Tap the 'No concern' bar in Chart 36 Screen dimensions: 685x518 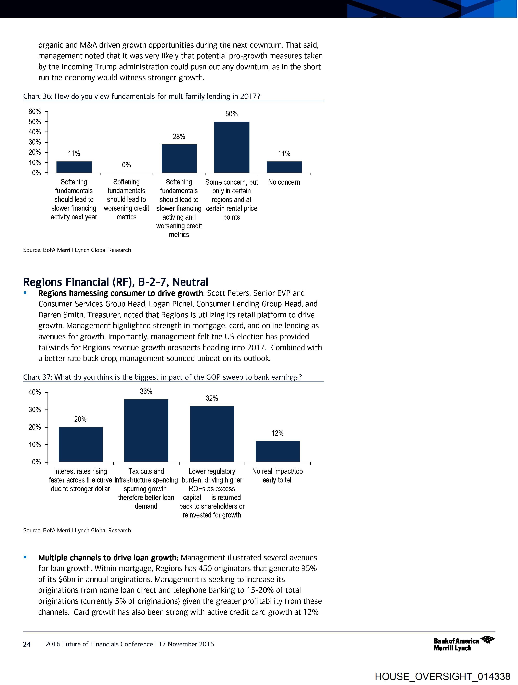pos(284,167)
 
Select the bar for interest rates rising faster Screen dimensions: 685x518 pos(80,444)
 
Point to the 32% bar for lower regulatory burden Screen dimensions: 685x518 pos(212,434)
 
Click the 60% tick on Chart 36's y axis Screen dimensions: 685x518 pos(35,111)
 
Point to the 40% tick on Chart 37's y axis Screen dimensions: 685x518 pos(35,392)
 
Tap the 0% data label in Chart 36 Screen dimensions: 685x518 pos(126,165)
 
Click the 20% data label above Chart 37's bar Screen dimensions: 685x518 pos(80,419)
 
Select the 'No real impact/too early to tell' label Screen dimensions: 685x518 pos(277,475)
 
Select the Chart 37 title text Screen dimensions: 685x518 pos(163,377)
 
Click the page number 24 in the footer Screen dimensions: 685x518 pos(27,644)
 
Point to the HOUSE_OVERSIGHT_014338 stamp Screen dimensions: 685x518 pos(442,676)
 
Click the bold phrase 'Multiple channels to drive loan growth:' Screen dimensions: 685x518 pos(108,558)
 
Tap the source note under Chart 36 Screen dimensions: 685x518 pos(77,250)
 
